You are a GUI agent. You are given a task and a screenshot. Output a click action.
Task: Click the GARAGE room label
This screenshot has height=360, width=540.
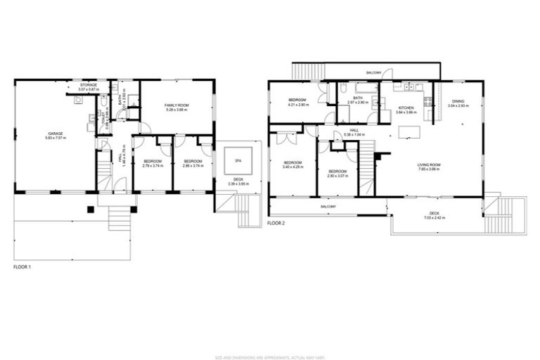point(56,133)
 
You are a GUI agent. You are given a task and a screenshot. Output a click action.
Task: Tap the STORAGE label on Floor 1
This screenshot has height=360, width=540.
point(88,85)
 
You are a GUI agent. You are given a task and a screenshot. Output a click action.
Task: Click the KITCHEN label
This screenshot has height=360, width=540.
point(407,107)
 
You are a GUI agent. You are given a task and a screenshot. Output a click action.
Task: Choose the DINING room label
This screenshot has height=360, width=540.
point(458,101)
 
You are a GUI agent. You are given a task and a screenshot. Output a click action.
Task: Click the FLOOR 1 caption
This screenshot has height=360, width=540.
point(24,268)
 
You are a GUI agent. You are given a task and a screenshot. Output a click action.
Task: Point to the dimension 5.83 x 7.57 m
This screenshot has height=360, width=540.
point(56,139)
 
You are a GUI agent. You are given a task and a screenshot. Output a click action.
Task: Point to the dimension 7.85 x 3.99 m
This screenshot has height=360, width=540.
point(429,169)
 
